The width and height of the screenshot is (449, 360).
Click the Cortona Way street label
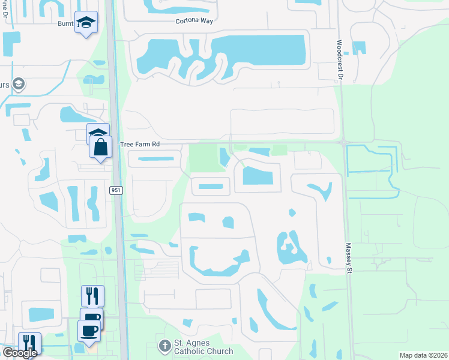194,20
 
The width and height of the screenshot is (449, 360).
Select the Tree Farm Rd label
140,145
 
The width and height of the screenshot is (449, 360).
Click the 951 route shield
116,190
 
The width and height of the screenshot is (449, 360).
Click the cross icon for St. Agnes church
164,346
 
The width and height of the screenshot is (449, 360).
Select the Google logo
19,353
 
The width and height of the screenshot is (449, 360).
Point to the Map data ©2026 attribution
423,355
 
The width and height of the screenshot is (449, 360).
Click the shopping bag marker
101,146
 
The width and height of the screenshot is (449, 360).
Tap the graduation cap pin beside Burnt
86,23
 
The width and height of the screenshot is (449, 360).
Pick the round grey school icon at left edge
19,83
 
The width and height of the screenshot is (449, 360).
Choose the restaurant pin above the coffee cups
92,296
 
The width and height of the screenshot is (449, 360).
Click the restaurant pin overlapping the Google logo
29,343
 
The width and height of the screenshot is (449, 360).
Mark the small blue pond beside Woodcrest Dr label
358,48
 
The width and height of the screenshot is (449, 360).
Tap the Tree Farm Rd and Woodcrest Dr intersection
343,143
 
